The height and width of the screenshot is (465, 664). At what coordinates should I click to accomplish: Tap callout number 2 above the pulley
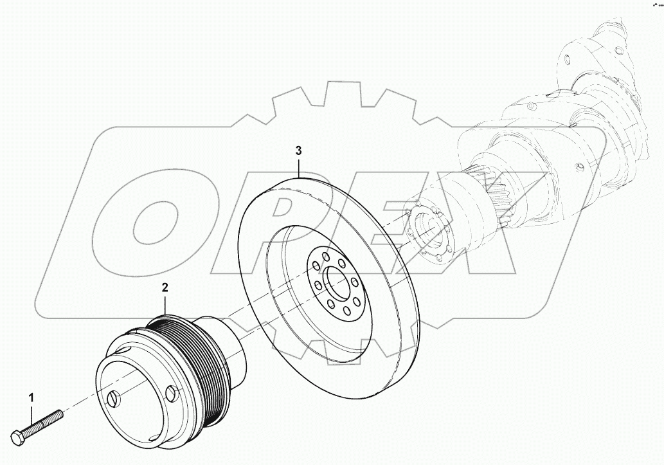(x=165, y=287)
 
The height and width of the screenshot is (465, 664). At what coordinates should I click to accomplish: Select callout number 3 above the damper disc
(x=298, y=151)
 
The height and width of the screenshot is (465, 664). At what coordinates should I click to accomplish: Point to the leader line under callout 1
(x=30, y=412)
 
